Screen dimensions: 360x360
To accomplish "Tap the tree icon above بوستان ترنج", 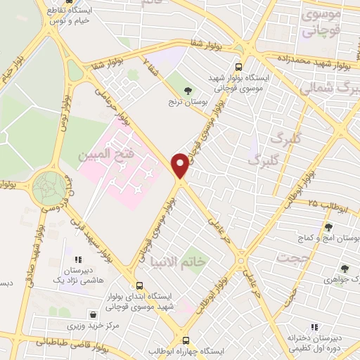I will click(x=188, y=90).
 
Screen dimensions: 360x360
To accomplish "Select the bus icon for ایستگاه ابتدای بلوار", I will click(x=140, y=286).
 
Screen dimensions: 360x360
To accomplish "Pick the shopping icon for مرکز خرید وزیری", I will click(x=93, y=314).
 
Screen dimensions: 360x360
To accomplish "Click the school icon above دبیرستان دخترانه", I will click(x=314, y=327).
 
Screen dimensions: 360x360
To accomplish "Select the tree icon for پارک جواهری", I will click(x=344, y=268).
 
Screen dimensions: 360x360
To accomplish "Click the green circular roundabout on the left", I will click(x=51, y=186).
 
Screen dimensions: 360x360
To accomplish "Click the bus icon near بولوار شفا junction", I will click(x=239, y=67).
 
